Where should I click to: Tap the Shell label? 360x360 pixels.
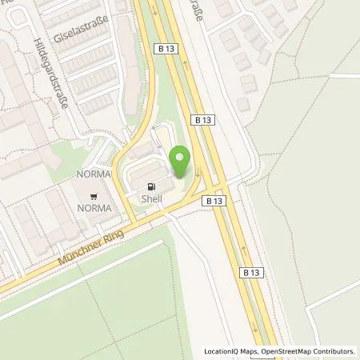(x=151, y=199)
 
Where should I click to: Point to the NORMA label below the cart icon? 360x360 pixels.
(x=94, y=208)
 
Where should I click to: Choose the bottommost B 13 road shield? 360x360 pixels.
(x=248, y=273)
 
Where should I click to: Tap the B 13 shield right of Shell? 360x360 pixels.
(x=212, y=202)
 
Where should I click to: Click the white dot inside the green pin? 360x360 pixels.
(x=181, y=157)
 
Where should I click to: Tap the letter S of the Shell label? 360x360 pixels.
(x=143, y=199)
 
